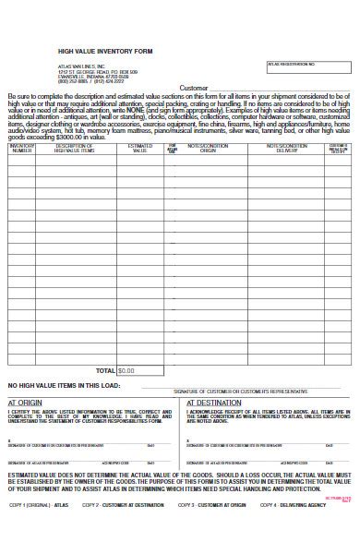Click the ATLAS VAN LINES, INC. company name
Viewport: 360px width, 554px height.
[x=80, y=65]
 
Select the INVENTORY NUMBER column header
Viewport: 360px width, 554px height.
[x=22, y=148]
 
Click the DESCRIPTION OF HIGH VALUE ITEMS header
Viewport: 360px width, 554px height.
[x=76, y=148]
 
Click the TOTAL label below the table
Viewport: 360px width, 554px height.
[x=106, y=370]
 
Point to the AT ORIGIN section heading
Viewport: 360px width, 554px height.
[x=25, y=403]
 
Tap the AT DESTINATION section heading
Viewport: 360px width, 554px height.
[x=215, y=403]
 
